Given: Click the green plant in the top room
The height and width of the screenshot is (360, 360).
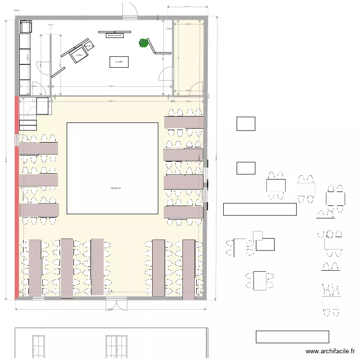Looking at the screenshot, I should (x=143, y=43).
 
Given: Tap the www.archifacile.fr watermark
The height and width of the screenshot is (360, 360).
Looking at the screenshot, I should (x=331, y=351).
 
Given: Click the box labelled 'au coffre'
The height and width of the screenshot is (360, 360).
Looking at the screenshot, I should (x=119, y=62).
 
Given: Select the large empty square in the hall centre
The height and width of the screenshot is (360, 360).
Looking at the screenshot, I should (x=112, y=168).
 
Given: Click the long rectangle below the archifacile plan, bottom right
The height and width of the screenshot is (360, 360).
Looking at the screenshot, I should (x=292, y=337).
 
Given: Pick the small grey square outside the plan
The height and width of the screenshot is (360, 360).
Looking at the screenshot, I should (x=258, y=235).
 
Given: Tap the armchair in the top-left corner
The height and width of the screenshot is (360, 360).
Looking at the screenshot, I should (x=25, y=27).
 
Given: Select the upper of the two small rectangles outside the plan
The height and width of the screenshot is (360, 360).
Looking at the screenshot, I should (x=245, y=124).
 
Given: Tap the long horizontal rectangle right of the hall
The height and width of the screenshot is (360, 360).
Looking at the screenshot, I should (x=260, y=209).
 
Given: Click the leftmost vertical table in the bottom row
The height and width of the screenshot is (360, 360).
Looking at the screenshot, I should (x=35, y=267).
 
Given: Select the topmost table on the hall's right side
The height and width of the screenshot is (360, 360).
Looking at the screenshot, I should (x=184, y=122).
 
